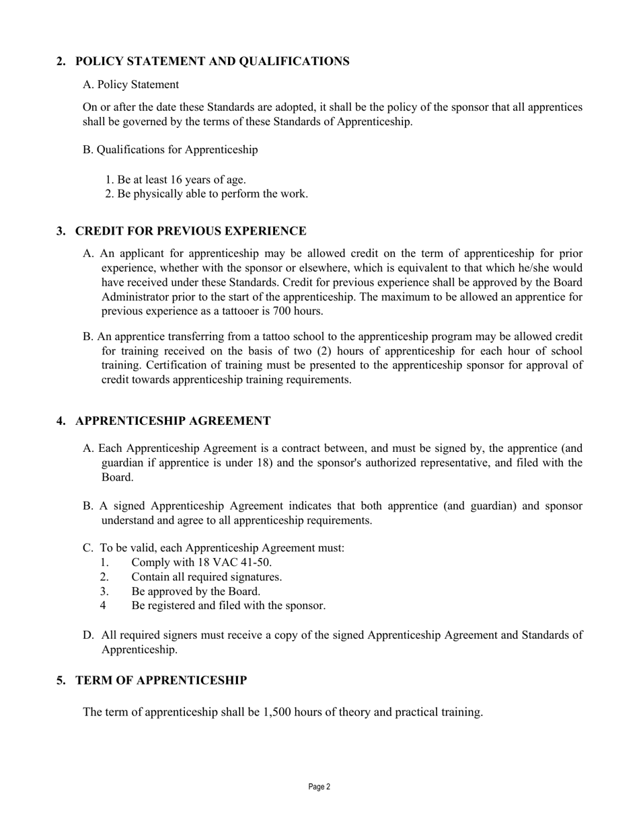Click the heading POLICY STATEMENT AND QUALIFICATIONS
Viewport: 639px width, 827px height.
212,62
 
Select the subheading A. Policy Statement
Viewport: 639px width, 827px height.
130,85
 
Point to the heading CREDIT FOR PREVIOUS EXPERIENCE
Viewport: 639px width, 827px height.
190,231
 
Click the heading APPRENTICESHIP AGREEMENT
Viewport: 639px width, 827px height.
173,421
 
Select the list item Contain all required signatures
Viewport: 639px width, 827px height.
206,578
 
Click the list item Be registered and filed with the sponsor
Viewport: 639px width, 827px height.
228,606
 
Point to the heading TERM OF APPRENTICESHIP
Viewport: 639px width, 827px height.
161,680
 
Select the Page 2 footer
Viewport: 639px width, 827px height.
319,787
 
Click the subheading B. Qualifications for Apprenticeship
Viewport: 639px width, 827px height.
170,150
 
